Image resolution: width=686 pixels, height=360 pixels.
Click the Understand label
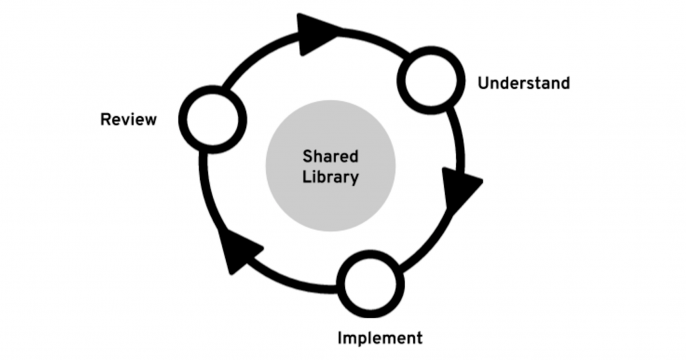(x=523, y=83)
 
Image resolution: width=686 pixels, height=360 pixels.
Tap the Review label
(x=128, y=121)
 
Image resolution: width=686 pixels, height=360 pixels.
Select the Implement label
(x=379, y=337)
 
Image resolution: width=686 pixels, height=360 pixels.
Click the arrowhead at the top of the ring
(x=318, y=35)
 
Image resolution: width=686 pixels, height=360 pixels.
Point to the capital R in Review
(x=106, y=121)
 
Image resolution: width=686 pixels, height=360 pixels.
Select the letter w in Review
(x=150, y=121)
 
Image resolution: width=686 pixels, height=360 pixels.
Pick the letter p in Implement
(x=362, y=339)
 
